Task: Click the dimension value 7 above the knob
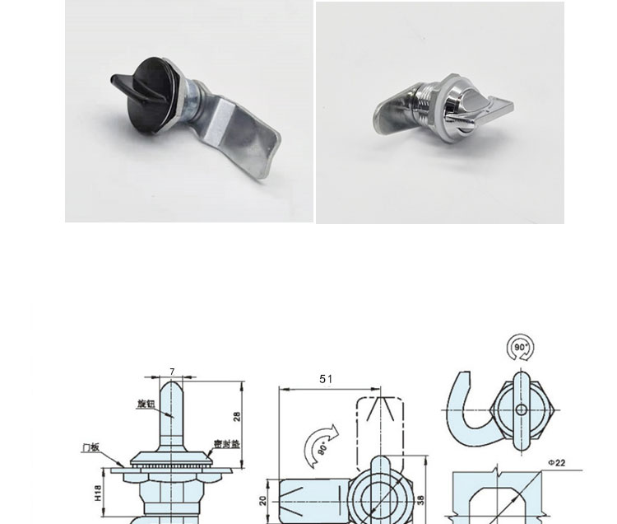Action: click(x=172, y=372)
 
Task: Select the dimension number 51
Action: click(x=326, y=379)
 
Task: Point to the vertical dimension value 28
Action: click(x=237, y=416)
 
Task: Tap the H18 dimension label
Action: click(x=98, y=493)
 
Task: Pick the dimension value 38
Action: click(x=420, y=499)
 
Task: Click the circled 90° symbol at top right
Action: click(x=521, y=348)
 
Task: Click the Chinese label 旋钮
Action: click(x=146, y=404)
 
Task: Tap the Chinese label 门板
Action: click(x=90, y=447)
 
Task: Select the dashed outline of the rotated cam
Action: click(x=379, y=425)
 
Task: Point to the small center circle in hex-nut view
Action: click(x=521, y=409)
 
